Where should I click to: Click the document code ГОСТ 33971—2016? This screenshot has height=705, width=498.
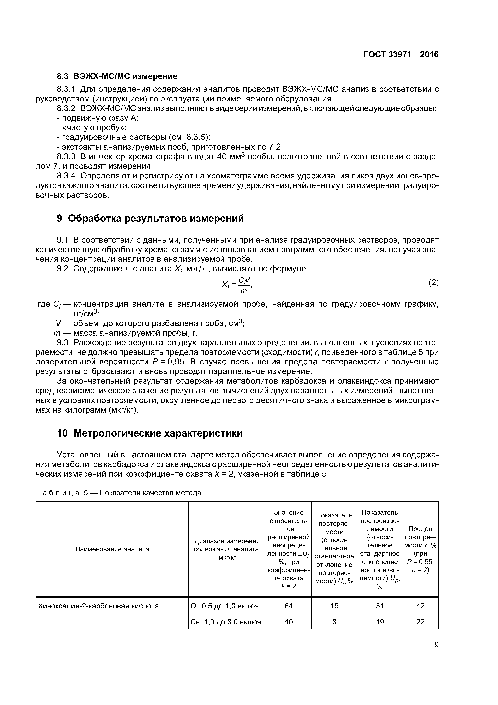tap(401, 55)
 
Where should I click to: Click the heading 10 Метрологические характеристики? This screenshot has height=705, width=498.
tap(150, 433)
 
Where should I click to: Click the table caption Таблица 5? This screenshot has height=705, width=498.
tap(118, 493)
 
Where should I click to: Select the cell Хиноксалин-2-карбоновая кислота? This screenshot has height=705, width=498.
tap(98, 606)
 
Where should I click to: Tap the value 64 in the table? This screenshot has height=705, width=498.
tap(288, 606)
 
